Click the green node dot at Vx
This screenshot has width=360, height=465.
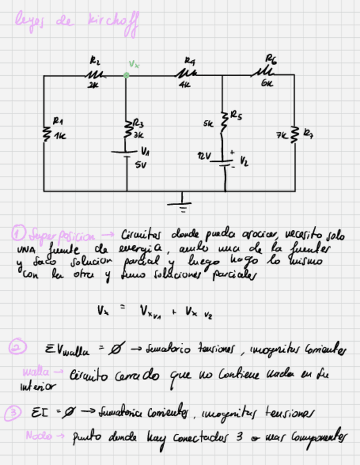point(126,75)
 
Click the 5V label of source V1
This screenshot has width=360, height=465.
point(140,163)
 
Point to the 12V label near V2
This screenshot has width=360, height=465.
point(205,157)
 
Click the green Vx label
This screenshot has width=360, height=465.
point(134,64)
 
